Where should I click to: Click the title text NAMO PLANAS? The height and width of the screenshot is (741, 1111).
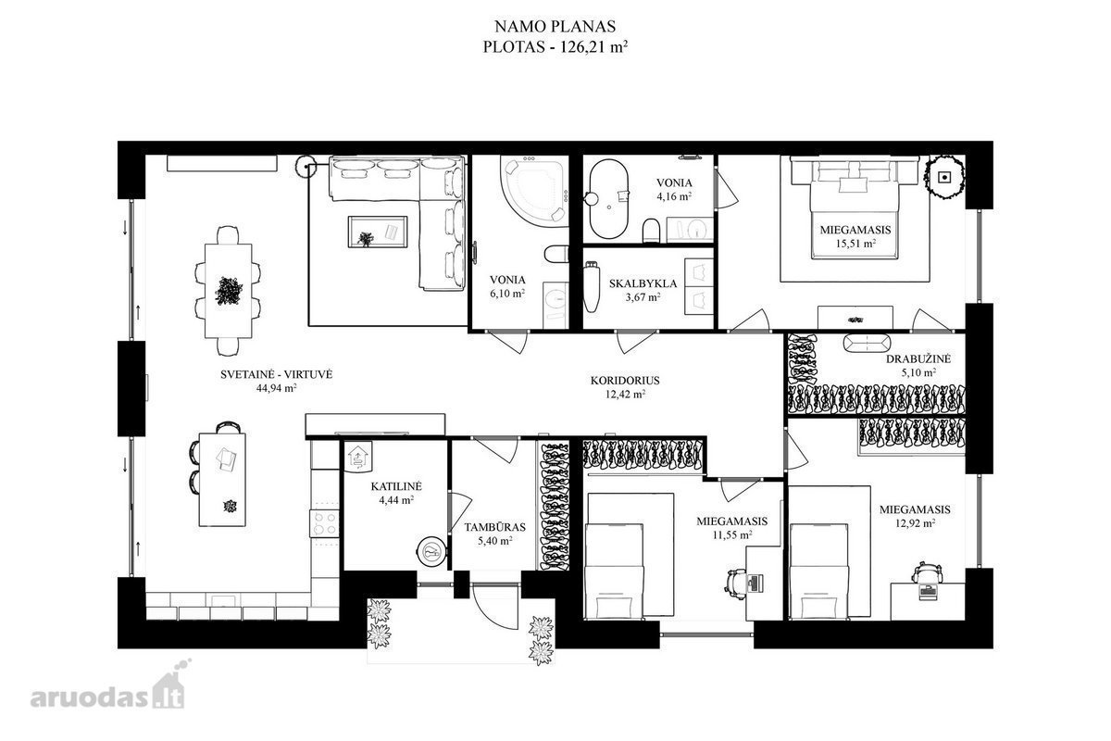click(x=555, y=26)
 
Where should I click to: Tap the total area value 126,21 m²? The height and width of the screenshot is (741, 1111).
click(x=594, y=47)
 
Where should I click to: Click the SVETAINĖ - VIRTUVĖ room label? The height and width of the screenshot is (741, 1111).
click(x=276, y=375)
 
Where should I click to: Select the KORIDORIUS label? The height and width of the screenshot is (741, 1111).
click(x=625, y=381)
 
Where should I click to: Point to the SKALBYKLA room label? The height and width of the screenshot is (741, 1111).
click(x=643, y=283)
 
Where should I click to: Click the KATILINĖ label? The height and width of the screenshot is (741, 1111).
click(x=396, y=486)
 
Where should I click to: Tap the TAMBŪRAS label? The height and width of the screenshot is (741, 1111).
click(x=495, y=527)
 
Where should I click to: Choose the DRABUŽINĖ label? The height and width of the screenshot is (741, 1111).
click(x=918, y=358)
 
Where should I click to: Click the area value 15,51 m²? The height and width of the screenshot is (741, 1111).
click(x=855, y=244)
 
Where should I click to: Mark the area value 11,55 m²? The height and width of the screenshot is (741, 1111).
click(x=731, y=535)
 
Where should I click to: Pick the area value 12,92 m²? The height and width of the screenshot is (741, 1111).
click(x=915, y=522)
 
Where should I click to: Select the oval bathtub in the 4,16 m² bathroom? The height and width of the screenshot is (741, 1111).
click(x=608, y=198)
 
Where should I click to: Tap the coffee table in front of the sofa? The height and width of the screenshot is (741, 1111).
click(x=378, y=232)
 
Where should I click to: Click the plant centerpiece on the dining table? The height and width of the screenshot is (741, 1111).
click(x=229, y=291)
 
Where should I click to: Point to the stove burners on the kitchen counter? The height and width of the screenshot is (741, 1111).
click(x=324, y=523)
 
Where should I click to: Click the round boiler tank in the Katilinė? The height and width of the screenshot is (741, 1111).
click(x=431, y=550)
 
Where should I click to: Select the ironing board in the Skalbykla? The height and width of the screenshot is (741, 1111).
click(x=591, y=288)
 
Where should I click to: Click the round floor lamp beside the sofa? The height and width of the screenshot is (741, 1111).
click(x=306, y=167)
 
